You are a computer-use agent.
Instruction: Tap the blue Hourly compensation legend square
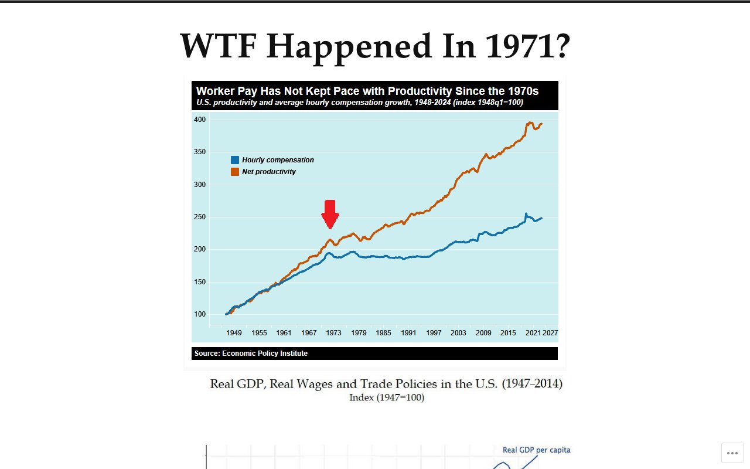pyautogui.click(x=235, y=160)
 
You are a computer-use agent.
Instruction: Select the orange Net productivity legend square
pyautogui.click(x=235, y=172)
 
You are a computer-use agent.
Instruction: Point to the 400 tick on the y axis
pyautogui.click(x=200, y=120)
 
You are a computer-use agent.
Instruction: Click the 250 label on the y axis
pyautogui.click(x=200, y=217)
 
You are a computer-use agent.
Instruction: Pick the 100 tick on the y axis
pyautogui.click(x=200, y=314)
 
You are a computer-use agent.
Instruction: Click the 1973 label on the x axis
pyautogui.click(x=333, y=333)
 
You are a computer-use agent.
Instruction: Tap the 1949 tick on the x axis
pyautogui.click(x=234, y=333)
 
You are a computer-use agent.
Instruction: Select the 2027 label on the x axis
pyautogui.click(x=550, y=333)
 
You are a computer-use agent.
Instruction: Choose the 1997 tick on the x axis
pyautogui.click(x=434, y=333)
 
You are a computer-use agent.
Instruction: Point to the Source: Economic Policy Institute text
pyautogui.click(x=251, y=354)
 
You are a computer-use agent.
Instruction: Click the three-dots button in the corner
pyautogui.click(x=732, y=453)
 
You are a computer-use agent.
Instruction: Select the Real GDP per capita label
pyautogui.click(x=536, y=450)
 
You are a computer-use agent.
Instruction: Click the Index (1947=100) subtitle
pyautogui.click(x=387, y=397)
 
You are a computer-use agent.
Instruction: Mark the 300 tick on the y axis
pyautogui.click(x=200, y=185)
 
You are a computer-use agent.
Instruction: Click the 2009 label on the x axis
pyautogui.click(x=483, y=333)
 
